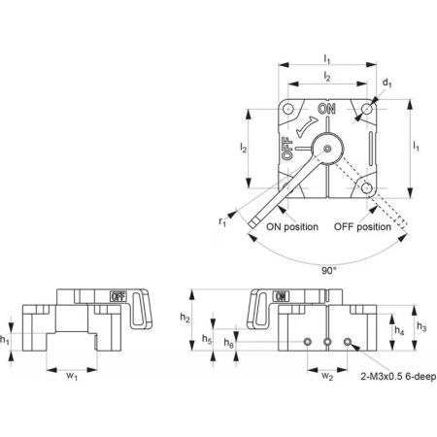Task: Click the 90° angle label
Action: pos(328,271)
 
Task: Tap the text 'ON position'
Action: pos(292,227)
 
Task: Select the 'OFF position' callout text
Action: pos(362,227)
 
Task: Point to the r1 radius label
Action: pos(222,222)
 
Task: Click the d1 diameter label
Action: pos(387,84)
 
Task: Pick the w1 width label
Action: pos(72,376)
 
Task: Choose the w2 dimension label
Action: pos(327,376)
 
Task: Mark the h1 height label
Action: pos(5,340)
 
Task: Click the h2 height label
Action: pos(185,319)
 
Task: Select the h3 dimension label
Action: pos(421,326)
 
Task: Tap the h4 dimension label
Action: pos(399,330)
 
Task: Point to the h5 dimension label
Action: pos(207,339)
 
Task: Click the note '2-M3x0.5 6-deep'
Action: pos(398,377)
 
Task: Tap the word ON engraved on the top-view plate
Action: pos(326,109)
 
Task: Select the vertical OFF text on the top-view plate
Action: pos(287,149)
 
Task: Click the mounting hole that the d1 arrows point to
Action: pos(367,109)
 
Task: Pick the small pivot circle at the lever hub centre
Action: pos(327,149)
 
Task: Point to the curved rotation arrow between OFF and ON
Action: pos(306,127)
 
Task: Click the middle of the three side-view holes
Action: pos(327,342)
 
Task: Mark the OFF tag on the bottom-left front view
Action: pos(118,296)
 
